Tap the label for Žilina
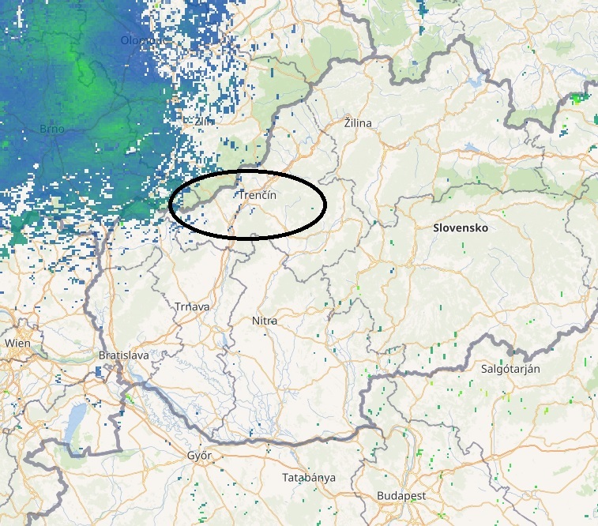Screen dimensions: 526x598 357,123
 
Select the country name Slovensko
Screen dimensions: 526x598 461,227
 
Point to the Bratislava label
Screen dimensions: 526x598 124,355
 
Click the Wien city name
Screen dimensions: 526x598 17,343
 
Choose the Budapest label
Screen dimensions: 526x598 401,495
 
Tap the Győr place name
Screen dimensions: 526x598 201,456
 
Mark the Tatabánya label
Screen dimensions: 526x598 309,478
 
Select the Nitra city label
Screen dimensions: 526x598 264,321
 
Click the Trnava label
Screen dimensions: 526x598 190,306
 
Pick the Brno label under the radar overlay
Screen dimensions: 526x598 52,129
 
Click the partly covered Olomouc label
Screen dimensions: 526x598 145,39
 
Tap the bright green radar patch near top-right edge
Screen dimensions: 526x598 579,98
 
